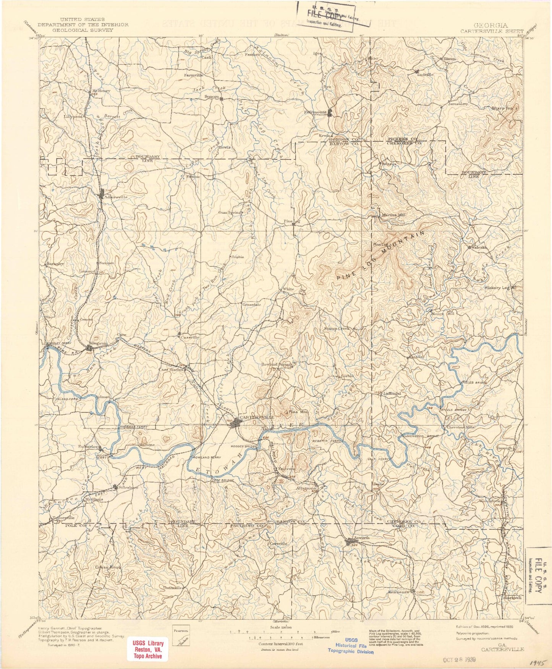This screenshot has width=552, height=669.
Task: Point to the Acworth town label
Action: point(361,538)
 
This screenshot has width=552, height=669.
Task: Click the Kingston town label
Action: point(98,343)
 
